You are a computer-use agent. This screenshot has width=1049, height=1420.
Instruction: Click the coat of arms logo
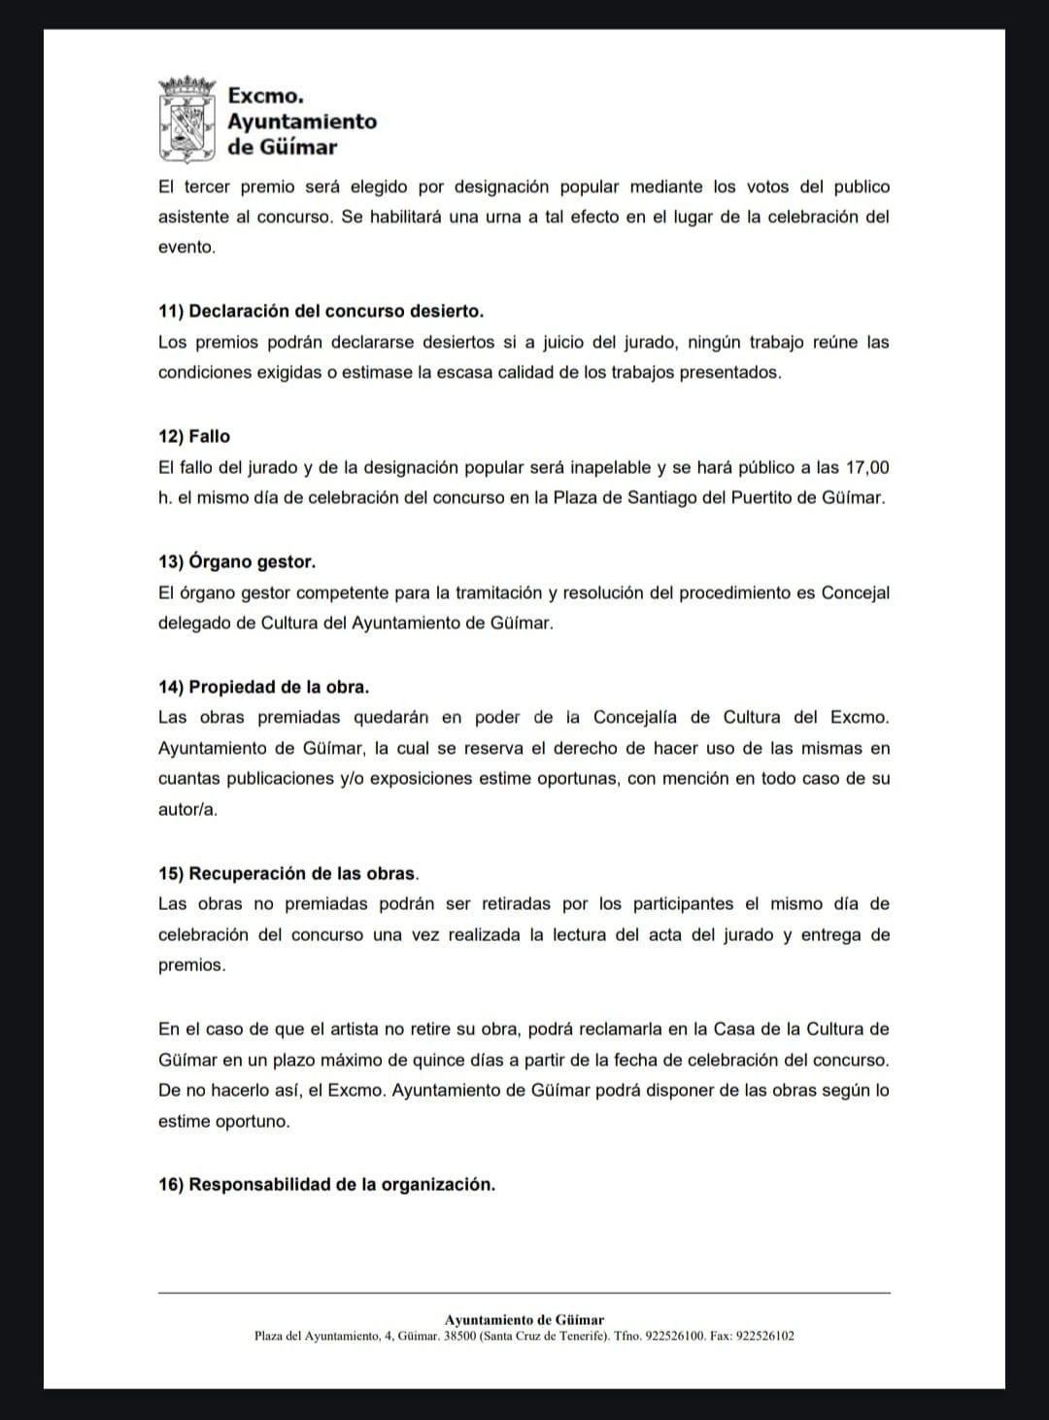pyautogui.click(x=186, y=119)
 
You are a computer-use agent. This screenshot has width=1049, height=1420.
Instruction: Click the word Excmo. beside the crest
pyautogui.click(x=265, y=95)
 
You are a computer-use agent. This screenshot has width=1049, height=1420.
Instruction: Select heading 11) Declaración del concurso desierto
pyautogui.click(x=321, y=311)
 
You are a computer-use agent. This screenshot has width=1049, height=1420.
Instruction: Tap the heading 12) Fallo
pyautogui.click(x=194, y=436)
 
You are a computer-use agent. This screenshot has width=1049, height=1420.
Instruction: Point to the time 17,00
pyautogui.click(x=867, y=467)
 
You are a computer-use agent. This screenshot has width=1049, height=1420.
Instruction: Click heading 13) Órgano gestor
pyautogui.click(x=237, y=561)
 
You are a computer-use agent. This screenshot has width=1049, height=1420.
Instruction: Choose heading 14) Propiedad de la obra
pyautogui.click(x=263, y=687)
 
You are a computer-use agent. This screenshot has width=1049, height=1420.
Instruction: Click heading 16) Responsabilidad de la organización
pyautogui.click(x=326, y=1184)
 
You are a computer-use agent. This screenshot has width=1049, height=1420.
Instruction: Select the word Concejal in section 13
pyautogui.click(x=856, y=592)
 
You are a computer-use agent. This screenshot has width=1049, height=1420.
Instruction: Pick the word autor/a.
pyautogui.click(x=187, y=809)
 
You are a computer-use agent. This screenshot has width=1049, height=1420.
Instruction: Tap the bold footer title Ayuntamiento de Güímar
pyautogui.click(x=524, y=1319)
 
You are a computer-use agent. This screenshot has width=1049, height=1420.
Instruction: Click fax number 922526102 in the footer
pyautogui.click(x=765, y=1335)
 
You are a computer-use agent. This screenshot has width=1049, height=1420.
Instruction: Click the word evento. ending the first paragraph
pyautogui.click(x=186, y=247)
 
